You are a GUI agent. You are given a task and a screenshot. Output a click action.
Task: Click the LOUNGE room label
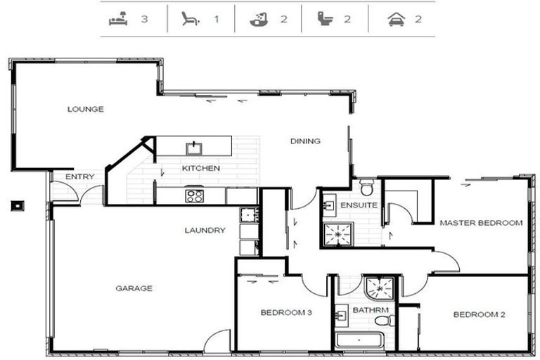pyautogui.click(x=85, y=109)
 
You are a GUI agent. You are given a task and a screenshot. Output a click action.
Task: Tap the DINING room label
pyautogui.click(x=305, y=141)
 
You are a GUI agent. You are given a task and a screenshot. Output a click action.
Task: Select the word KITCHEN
pyautogui.click(x=201, y=168)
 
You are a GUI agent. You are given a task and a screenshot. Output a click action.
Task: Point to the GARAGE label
pyautogui.click(x=134, y=288)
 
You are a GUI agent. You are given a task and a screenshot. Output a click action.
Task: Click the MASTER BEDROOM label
pyautogui.click(x=481, y=223)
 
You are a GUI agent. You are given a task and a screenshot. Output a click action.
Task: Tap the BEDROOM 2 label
pyautogui.click(x=479, y=314)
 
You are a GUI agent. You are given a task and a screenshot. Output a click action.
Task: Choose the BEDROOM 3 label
pyautogui.click(x=286, y=312)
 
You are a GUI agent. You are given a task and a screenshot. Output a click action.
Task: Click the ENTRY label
pyautogui.click(x=80, y=176)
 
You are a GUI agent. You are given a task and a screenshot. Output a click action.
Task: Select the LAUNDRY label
pyautogui.click(x=205, y=230)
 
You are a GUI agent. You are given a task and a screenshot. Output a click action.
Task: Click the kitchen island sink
pyautogui.click(x=194, y=148)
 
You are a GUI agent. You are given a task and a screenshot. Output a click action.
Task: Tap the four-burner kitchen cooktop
pyautogui.click(x=194, y=196)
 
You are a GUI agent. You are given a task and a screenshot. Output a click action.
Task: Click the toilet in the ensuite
pyautogui.click(x=366, y=188)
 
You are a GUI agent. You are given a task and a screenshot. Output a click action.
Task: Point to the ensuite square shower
pyautogui.click(x=338, y=235)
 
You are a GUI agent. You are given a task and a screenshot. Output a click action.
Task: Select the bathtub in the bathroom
pyautogui.click(x=359, y=340)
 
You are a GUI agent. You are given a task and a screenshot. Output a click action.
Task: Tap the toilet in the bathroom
pyautogui.click(x=385, y=321)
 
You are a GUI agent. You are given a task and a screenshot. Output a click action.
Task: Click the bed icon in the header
pyautogui.click(x=118, y=18)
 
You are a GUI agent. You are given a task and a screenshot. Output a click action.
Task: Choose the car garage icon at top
pyautogui.click(x=397, y=19)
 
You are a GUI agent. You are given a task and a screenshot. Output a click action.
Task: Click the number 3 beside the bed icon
pyautogui.click(x=144, y=19)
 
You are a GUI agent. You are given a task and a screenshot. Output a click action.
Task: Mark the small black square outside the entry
pyautogui.click(x=17, y=206)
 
